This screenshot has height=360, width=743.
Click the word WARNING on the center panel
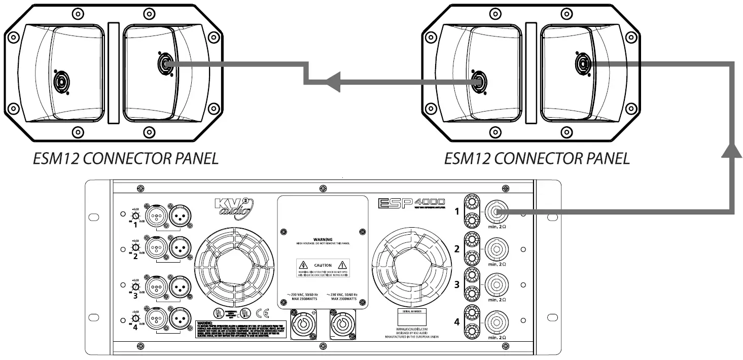(x=323, y=238)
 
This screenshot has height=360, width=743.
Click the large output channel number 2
(x=456, y=248)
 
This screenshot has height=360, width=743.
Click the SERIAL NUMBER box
(x=411, y=316)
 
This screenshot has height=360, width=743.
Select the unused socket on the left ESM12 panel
(x=62, y=81)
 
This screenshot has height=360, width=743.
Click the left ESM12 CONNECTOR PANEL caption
(x=126, y=159)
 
